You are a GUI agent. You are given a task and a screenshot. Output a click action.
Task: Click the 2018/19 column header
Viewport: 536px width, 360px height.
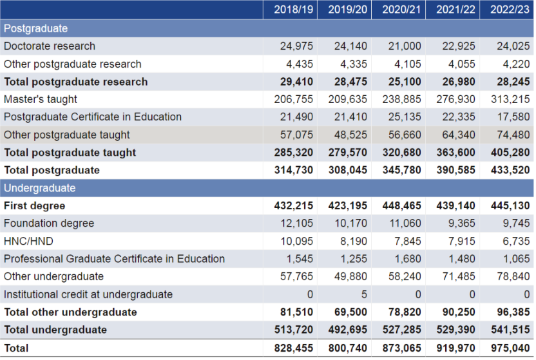293,9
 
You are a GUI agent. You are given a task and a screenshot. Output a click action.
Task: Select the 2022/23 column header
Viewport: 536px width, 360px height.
510,9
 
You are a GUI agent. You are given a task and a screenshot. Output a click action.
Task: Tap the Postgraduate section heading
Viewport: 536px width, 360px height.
35,28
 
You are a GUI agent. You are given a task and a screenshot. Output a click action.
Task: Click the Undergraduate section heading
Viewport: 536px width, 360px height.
40,188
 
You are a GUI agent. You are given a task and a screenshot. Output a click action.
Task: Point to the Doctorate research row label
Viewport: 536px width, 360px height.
50,46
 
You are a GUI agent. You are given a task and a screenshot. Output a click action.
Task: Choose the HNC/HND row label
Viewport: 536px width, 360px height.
29,241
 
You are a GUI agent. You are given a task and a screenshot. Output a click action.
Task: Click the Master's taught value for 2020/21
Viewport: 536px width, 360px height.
401,99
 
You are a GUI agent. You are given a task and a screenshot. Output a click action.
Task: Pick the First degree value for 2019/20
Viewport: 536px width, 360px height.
348,205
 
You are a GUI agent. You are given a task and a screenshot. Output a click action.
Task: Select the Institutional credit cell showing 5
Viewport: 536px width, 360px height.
364,294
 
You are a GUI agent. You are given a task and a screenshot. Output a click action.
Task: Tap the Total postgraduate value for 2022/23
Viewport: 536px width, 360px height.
510,170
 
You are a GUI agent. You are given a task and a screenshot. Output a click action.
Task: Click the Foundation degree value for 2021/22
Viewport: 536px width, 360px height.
462,223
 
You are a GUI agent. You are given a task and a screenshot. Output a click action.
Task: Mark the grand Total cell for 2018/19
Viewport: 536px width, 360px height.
294,348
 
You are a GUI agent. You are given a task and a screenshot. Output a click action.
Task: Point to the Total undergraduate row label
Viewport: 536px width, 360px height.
55,330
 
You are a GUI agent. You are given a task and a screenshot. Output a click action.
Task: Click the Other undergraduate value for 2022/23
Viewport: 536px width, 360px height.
513,276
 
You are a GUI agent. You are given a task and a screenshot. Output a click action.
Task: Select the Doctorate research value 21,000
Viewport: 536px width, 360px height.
405,46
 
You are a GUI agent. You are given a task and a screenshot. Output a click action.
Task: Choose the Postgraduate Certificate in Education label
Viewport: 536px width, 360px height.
93,117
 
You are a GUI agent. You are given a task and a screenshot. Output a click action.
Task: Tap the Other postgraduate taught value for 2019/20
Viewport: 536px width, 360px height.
350,135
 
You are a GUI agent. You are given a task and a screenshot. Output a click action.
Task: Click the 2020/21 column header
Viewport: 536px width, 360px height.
401,9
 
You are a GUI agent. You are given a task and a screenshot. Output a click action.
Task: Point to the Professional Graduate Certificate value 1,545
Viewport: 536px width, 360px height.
300,259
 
